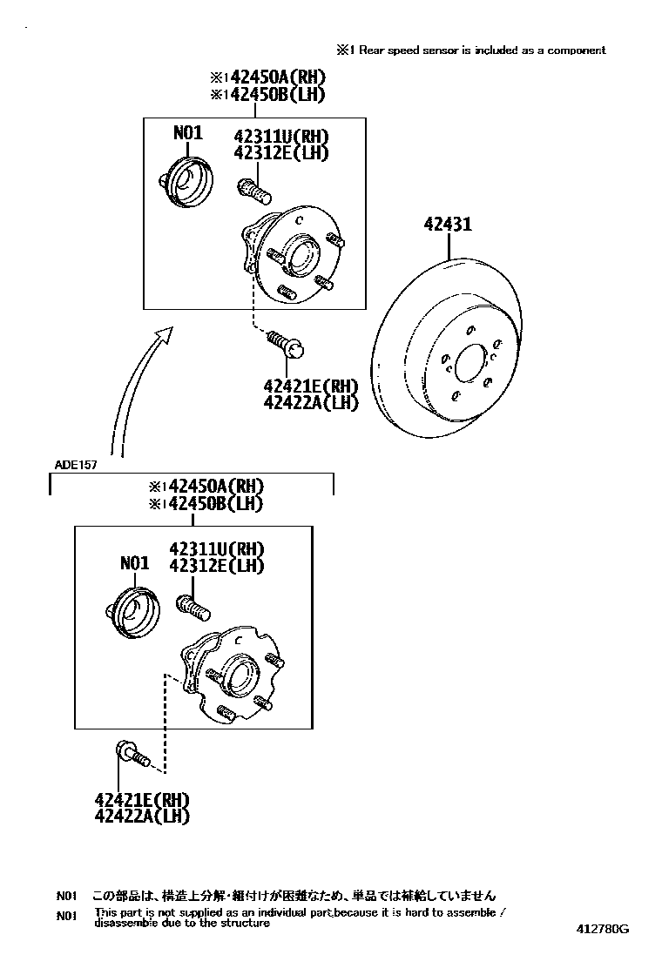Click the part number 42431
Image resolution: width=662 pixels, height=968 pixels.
click(x=448, y=225)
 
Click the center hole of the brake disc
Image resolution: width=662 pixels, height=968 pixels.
click(x=470, y=364)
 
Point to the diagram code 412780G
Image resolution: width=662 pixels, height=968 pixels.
click(x=602, y=929)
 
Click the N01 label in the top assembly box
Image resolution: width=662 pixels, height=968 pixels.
click(x=187, y=132)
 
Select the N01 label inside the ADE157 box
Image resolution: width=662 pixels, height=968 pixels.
click(x=135, y=562)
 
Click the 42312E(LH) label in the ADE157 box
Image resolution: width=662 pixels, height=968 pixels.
click(x=216, y=566)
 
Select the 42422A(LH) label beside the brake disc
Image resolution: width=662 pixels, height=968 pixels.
click(x=310, y=403)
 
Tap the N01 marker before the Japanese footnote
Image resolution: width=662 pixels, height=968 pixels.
click(x=67, y=896)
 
